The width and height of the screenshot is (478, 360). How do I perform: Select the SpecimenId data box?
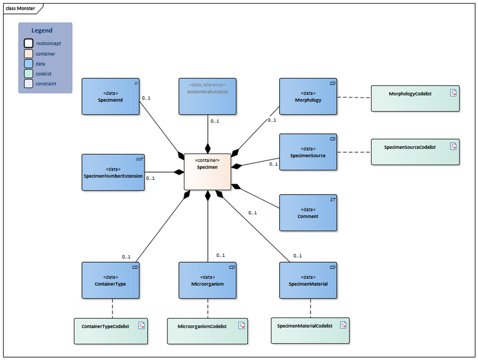click(x=110, y=96)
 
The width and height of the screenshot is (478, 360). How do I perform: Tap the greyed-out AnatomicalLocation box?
click(x=207, y=96)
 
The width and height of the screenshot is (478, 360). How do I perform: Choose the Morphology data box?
click(x=308, y=96)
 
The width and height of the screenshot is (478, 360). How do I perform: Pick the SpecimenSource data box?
click(x=308, y=152)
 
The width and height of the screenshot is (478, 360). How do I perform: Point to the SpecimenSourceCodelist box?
click(x=414, y=152)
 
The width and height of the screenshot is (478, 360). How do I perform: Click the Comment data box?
click(x=308, y=212)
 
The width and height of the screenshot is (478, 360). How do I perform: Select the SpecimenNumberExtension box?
click(x=113, y=172)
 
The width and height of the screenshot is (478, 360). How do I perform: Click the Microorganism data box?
click(x=207, y=280)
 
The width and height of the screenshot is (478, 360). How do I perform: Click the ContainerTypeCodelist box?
click(x=110, y=331)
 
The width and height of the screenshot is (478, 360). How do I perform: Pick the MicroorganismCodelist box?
click(x=207, y=331)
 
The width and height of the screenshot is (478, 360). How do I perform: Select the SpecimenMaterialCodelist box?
click(x=310, y=330)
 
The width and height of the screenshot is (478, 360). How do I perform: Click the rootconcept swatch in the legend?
click(x=28, y=43)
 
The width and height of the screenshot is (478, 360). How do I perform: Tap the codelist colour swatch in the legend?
click(x=28, y=74)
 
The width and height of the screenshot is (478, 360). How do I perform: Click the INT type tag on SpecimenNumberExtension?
click(x=139, y=159)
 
